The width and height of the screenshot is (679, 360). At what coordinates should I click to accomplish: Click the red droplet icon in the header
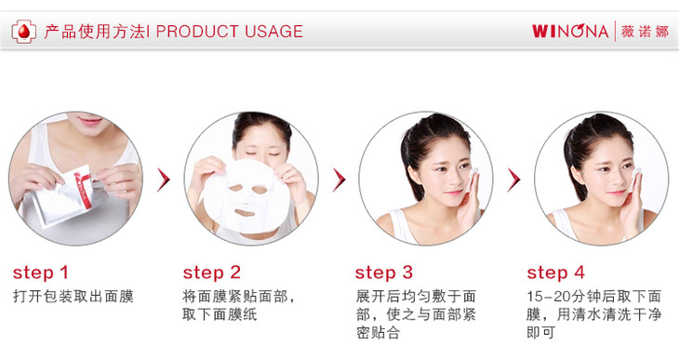tap(24, 32)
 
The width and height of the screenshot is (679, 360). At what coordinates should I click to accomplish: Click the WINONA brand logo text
tap(570, 32)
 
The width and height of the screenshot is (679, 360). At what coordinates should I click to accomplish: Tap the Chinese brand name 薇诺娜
tap(645, 32)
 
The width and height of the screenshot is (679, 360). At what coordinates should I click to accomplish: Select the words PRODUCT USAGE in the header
tap(229, 32)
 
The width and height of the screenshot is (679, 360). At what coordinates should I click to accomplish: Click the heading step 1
tap(41, 273)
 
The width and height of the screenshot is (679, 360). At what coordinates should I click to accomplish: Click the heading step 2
tap(212, 273)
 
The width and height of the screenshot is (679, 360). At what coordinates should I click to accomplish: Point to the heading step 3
tap(384, 273)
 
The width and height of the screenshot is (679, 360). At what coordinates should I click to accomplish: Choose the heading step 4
tap(555, 273)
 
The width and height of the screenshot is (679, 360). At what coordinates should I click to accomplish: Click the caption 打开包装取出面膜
tap(73, 297)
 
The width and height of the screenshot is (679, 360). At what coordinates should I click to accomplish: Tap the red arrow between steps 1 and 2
tap(164, 180)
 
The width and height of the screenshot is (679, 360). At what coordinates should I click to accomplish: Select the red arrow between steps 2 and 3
tap(339, 180)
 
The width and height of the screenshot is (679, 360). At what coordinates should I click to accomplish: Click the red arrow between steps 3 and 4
tap(514, 180)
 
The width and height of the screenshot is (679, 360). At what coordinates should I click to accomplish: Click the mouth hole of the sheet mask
tap(245, 212)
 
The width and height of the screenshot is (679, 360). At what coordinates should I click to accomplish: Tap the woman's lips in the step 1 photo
tap(90, 120)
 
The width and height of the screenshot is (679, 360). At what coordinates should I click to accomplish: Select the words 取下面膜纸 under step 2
tap(220, 314)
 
